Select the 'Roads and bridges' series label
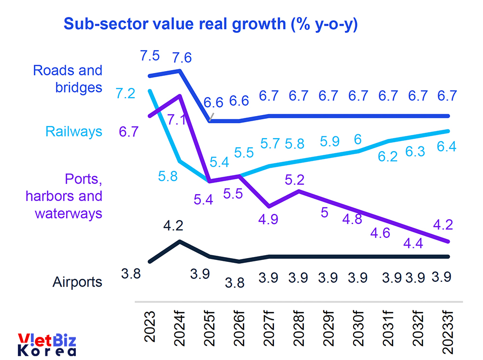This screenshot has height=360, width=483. coord(68,78)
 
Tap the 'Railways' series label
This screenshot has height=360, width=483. coord(74,131)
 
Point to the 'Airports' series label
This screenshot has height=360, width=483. coord(77,282)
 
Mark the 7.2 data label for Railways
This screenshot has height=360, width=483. coord(126,94)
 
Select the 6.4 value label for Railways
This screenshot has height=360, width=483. coord(445,146)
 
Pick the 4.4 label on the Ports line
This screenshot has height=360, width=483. coord(413,244)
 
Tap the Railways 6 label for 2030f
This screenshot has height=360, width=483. coord(358,139)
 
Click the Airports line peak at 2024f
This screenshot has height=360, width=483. coord(180,241)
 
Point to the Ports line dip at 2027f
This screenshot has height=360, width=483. coord(269,206)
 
